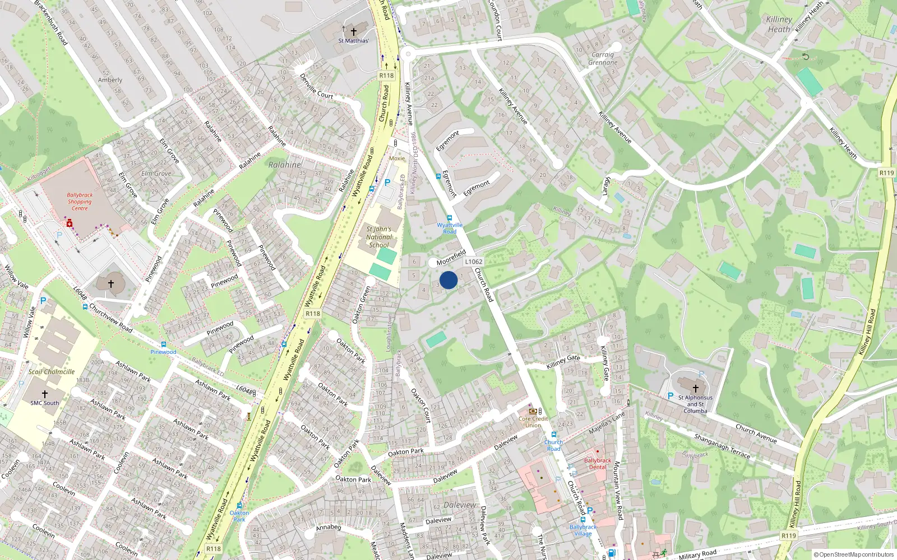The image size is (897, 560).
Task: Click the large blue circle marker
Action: click(x=449, y=280)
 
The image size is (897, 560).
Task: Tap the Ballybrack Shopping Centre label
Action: click(x=80, y=202)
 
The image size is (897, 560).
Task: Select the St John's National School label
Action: click(x=379, y=237)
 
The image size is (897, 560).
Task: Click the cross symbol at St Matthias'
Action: click(x=353, y=32)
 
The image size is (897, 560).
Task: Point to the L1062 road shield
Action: click(x=473, y=262)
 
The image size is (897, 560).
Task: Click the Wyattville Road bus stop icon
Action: click(x=449, y=218)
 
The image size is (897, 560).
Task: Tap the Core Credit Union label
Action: click(x=533, y=422)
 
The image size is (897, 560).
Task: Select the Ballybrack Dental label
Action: click(x=598, y=464)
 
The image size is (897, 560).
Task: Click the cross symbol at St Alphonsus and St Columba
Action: click(x=696, y=388)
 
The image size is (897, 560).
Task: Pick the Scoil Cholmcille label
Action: click(x=52, y=372)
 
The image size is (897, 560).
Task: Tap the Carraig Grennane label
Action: click(x=603, y=59)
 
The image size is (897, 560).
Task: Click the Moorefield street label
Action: click(x=451, y=258)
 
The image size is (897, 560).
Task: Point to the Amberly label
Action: click(x=110, y=80)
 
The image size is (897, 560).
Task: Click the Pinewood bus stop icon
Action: click(x=163, y=345)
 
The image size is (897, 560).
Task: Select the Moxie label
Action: click(x=397, y=158)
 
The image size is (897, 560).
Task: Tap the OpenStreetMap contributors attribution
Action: click(x=853, y=555)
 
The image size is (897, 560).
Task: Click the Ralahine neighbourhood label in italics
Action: click(x=285, y=165)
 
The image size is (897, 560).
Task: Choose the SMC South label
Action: click(x=44, y=403)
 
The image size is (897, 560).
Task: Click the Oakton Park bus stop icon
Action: click(x=239, y=506)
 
